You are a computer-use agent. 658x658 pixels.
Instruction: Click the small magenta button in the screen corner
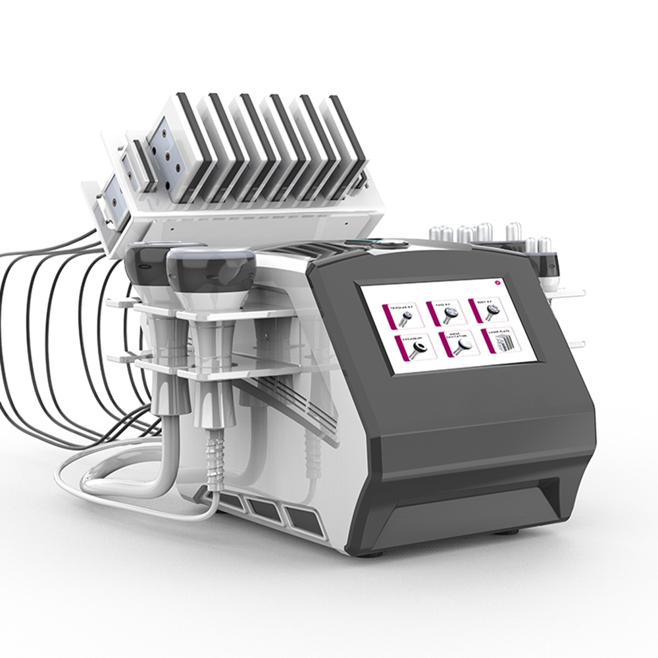click(497, 282)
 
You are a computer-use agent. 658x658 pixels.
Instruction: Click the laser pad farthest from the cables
click(345, 141)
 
